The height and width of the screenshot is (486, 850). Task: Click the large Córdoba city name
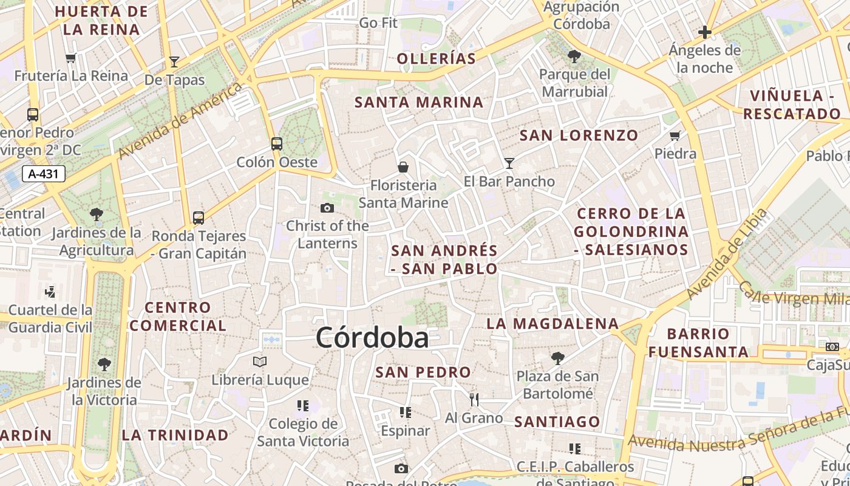[372, 338]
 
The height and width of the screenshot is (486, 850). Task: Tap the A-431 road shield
[44, 174]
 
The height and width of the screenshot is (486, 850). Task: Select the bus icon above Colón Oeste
[277, 144]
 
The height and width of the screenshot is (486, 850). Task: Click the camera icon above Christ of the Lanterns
[327, 208]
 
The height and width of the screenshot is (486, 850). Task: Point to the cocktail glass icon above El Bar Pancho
[509, 163]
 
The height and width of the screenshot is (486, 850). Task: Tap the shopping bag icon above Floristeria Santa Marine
[403, 166]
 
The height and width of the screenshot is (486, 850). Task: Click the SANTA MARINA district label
[419, 102]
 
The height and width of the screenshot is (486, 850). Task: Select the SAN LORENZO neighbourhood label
[579, 135]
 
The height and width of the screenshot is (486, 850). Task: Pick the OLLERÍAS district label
[436, 58]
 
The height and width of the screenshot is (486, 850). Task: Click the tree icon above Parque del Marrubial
[574, 57]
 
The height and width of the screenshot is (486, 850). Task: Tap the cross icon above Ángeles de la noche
[705, 32]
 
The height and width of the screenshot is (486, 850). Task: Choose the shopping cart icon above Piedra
[675, 135]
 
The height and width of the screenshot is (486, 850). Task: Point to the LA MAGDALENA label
[552, 323]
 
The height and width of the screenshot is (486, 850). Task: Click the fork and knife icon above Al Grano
[474, 399]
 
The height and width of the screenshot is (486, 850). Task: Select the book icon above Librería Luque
[260, 362]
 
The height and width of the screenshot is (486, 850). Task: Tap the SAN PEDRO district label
[423, 372]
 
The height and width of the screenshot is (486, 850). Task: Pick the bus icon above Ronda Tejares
[199, 217]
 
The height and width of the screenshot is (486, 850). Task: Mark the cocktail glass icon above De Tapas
[174, 61]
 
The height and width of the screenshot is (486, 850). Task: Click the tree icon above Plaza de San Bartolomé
[557, 358]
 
